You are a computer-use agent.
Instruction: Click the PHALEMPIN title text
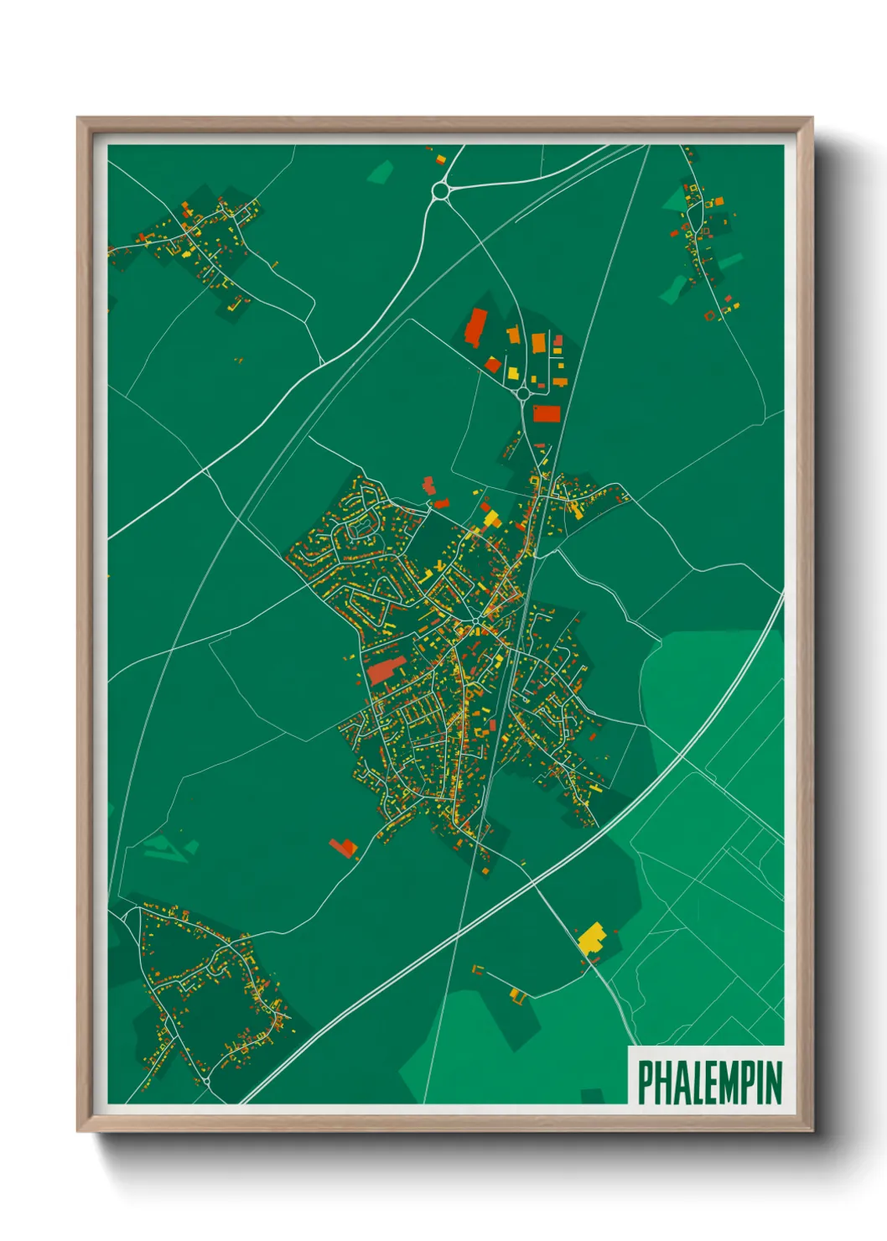[x=709, y=1082]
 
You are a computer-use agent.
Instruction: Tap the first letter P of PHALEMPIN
[x=646, y=1082]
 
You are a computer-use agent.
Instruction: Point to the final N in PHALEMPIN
[x=774, y=1082]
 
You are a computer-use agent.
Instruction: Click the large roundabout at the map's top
[x=441, y=192]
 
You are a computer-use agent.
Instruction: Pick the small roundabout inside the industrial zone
[x=523, y=392]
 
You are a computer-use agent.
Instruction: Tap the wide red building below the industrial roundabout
[x=545, y=413]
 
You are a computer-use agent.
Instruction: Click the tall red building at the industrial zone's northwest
[x=475, y=327]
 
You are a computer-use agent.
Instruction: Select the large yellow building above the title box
[x=592, y=936]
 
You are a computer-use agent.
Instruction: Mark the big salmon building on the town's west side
[x=386, y=670]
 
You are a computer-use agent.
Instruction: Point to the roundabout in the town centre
[x=475, y=620]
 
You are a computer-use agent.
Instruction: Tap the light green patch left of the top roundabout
[x=381, y=173]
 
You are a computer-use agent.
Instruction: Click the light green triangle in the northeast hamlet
[x=675, y=200]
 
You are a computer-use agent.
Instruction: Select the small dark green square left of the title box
[x=592, y=1095]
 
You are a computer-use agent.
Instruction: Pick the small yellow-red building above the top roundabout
[x=439, y=158]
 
